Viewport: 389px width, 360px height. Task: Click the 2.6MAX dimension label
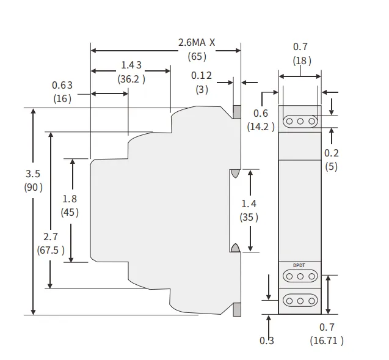point(197,43)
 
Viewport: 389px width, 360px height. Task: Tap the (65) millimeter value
point(197,56)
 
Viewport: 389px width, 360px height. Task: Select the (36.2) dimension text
point(131,78)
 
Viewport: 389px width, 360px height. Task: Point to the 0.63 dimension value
point(62,85)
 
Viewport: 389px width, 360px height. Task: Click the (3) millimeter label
point(201,89)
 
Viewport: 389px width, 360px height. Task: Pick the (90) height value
point(33,187)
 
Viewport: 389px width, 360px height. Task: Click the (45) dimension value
point(70,212)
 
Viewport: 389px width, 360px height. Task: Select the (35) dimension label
point(249,216)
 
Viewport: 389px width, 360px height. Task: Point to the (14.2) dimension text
point(261,127)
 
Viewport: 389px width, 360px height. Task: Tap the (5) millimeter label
point(331,166)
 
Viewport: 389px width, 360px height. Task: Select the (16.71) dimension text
point(327,340)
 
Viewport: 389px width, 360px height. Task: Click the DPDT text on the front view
point(299,265)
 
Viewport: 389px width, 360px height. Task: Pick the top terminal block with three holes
point(300,121)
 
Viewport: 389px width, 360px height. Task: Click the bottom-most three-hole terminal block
point(300,301)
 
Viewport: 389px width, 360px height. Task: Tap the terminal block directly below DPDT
point(300,277)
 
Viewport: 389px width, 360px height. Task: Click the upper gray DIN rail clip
point(236,112)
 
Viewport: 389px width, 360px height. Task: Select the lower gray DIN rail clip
point(236,310)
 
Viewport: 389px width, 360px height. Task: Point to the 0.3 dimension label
point(267,340)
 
